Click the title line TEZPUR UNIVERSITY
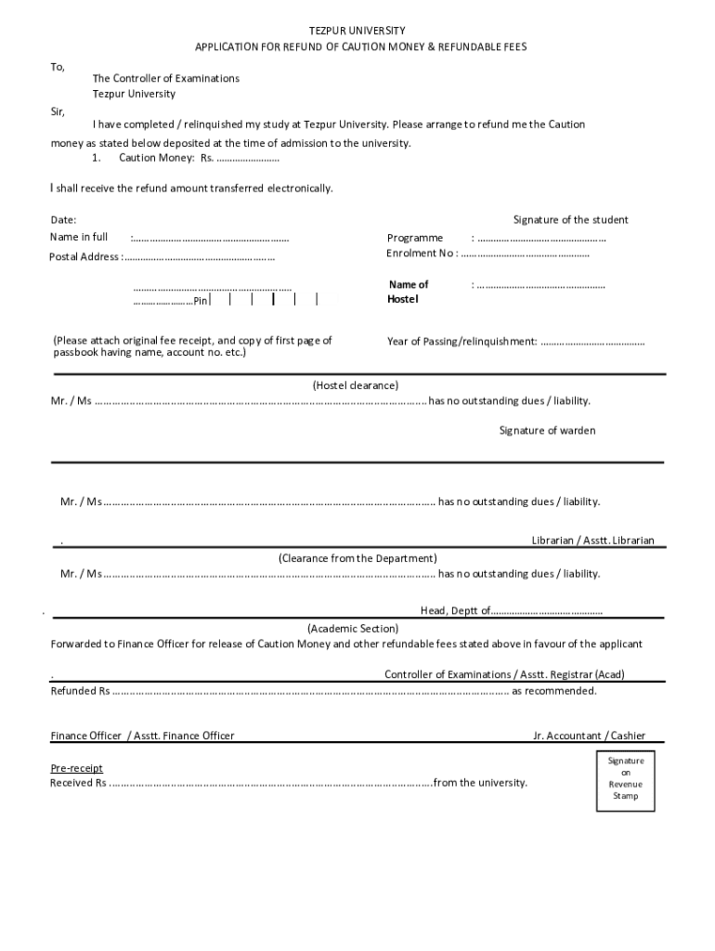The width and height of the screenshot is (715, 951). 357,31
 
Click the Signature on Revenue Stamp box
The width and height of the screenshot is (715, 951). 625,778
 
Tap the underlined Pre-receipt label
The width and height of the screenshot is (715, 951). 76,768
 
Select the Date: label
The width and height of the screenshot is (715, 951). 63,220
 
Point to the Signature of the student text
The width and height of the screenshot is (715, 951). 570,220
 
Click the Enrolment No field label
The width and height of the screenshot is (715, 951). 420,254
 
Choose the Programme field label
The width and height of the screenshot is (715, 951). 415,238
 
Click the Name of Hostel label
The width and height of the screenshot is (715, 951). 409,292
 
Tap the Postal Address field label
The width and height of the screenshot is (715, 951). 84,256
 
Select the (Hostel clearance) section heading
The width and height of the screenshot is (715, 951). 356,384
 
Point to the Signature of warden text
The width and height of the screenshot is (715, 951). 547,430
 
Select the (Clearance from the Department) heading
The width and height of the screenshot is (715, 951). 357,558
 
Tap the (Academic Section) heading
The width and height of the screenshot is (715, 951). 353,628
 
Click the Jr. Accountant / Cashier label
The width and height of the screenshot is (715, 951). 589,736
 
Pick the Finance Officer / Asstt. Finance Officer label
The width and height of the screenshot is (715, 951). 142,736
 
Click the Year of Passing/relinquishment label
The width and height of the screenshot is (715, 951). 461,342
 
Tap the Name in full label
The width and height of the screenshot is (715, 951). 78,238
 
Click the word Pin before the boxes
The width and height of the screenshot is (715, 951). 200,301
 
